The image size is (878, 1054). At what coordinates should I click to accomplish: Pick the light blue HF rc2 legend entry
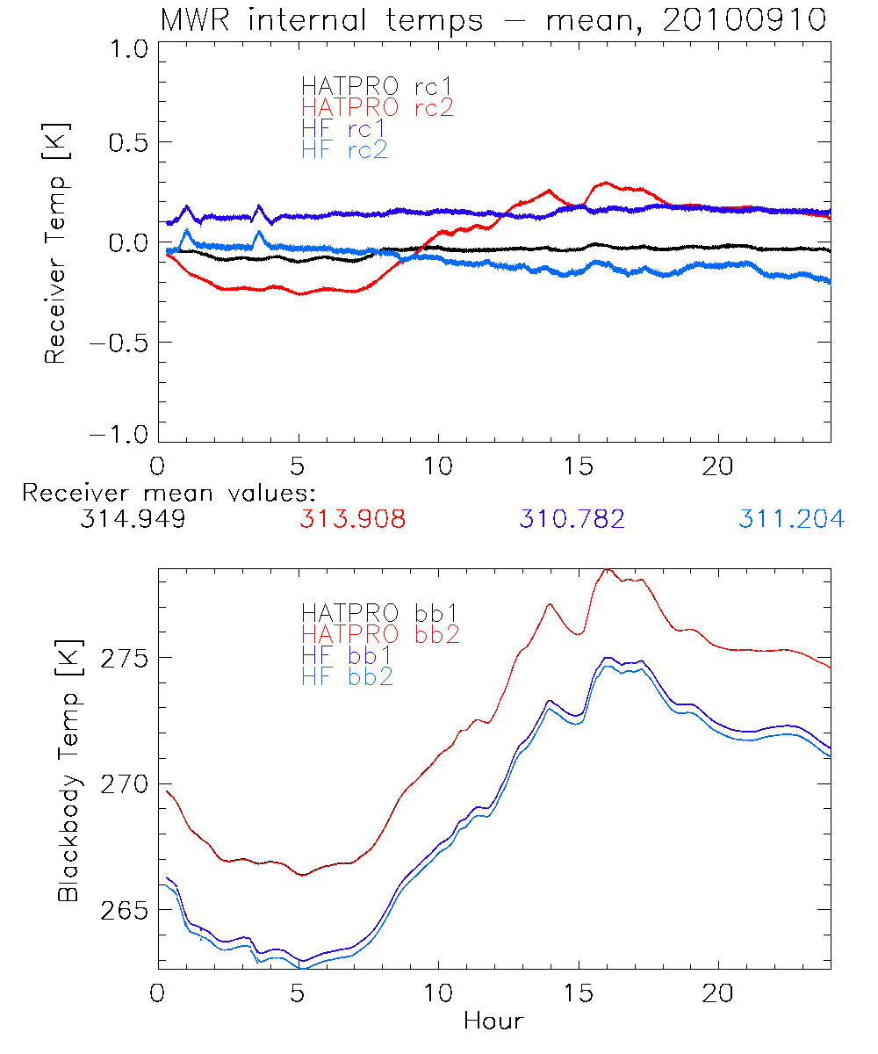pyautogui.click(x=343, y=149)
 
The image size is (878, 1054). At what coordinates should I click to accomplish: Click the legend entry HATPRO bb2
pyautogui.click(x=379, y=632)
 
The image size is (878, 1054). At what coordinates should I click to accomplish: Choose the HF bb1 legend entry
pyautogui.click(x=346, y=654)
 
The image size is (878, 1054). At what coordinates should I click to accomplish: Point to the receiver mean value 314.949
pyautogui.click(x=132, y=519)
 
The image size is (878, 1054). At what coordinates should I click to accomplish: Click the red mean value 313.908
pyautogui.click(x=352, y=519)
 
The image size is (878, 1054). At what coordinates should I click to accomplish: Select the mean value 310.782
pyautogui.click(x=572, y=519)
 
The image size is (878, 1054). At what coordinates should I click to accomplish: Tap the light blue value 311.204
pyautogui.click(x=791, y=519)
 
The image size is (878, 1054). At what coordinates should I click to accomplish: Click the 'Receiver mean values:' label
pyautogui.click(x=169, y=493)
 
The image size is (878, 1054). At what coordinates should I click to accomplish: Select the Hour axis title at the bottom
pyautogui.click(x=493, y=1022)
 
